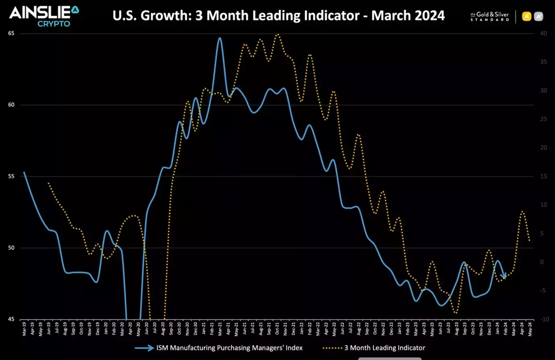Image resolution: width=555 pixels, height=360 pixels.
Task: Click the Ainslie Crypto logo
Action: click(44, 16)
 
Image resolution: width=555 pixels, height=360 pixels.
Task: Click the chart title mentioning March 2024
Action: click(279, 16)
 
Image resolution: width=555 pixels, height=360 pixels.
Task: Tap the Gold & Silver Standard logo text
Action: click(489, 16)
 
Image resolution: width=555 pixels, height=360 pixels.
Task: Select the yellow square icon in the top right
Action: click(526, 16)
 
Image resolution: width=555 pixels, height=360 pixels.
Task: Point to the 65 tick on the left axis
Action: click(11, 33)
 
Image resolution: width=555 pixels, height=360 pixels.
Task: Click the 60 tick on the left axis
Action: click(11, 105)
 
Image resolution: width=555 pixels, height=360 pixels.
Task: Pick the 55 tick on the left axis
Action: click(11, 177)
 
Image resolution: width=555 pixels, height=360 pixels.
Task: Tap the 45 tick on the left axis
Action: click(11, 319)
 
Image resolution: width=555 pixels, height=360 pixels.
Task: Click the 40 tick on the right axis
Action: click(543, 33)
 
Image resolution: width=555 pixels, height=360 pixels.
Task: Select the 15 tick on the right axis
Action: click(543, 176)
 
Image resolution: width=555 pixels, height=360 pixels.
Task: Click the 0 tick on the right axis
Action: click(542, 262)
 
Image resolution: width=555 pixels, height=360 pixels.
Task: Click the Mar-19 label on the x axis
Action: click(24, 329)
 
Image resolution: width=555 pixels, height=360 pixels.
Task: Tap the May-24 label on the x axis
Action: click(530, 329)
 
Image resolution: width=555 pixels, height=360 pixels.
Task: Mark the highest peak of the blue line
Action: click(219, 38)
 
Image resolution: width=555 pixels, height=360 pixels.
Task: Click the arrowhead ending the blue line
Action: click(503, 276)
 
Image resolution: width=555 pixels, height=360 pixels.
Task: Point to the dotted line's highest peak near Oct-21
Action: click(277, 35)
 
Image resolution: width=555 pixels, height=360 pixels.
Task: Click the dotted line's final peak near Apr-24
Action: click(522, 211)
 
